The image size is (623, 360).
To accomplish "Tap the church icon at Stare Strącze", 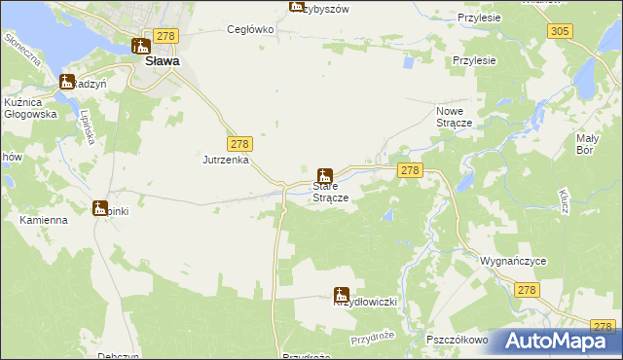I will coord(325,176).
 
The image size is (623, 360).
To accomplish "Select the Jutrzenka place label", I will coord(226,159).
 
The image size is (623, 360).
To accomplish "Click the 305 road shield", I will coord(559,31).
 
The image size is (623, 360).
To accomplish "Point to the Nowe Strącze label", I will coord(454,118).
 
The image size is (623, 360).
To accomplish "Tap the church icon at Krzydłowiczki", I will coord(342,293).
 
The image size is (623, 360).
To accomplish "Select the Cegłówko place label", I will coord(251,29).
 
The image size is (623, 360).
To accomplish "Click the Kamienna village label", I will coord(44,220).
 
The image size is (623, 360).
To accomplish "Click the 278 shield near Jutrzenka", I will coord(239,143).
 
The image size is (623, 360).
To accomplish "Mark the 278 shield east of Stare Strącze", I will coord(409,170).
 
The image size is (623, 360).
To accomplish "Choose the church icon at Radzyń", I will coord(67,82).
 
